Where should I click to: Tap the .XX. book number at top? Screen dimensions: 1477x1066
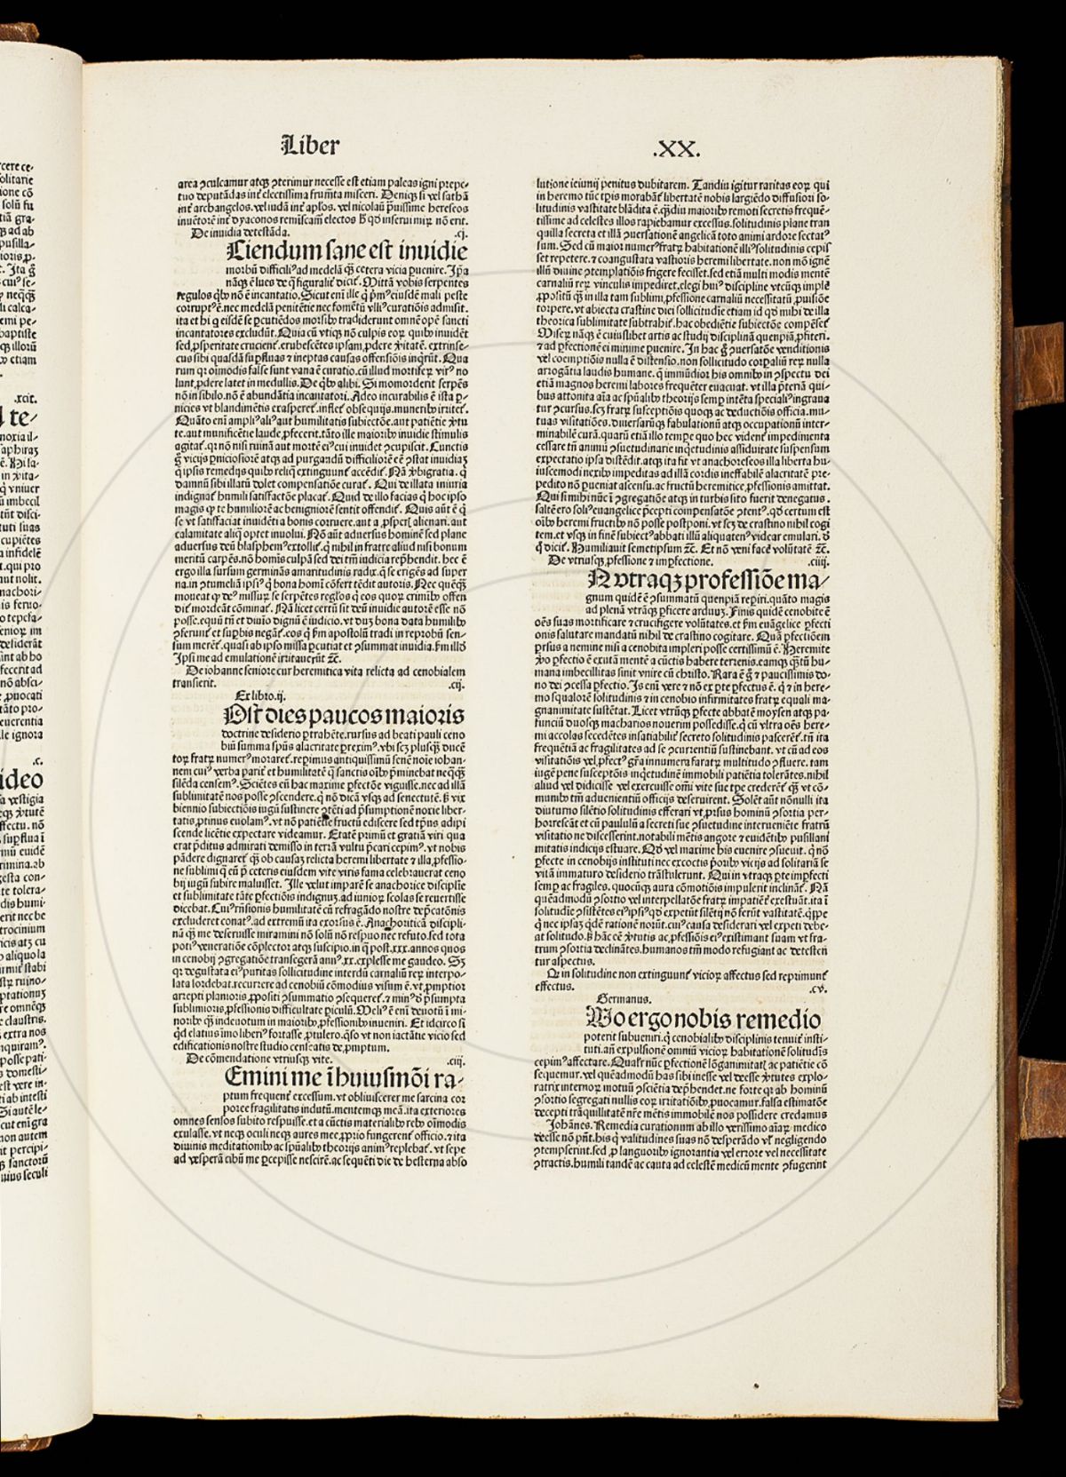(678, 147)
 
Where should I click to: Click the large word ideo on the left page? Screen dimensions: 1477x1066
(21, 782)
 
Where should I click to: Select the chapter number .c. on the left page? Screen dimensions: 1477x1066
(36, 760)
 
